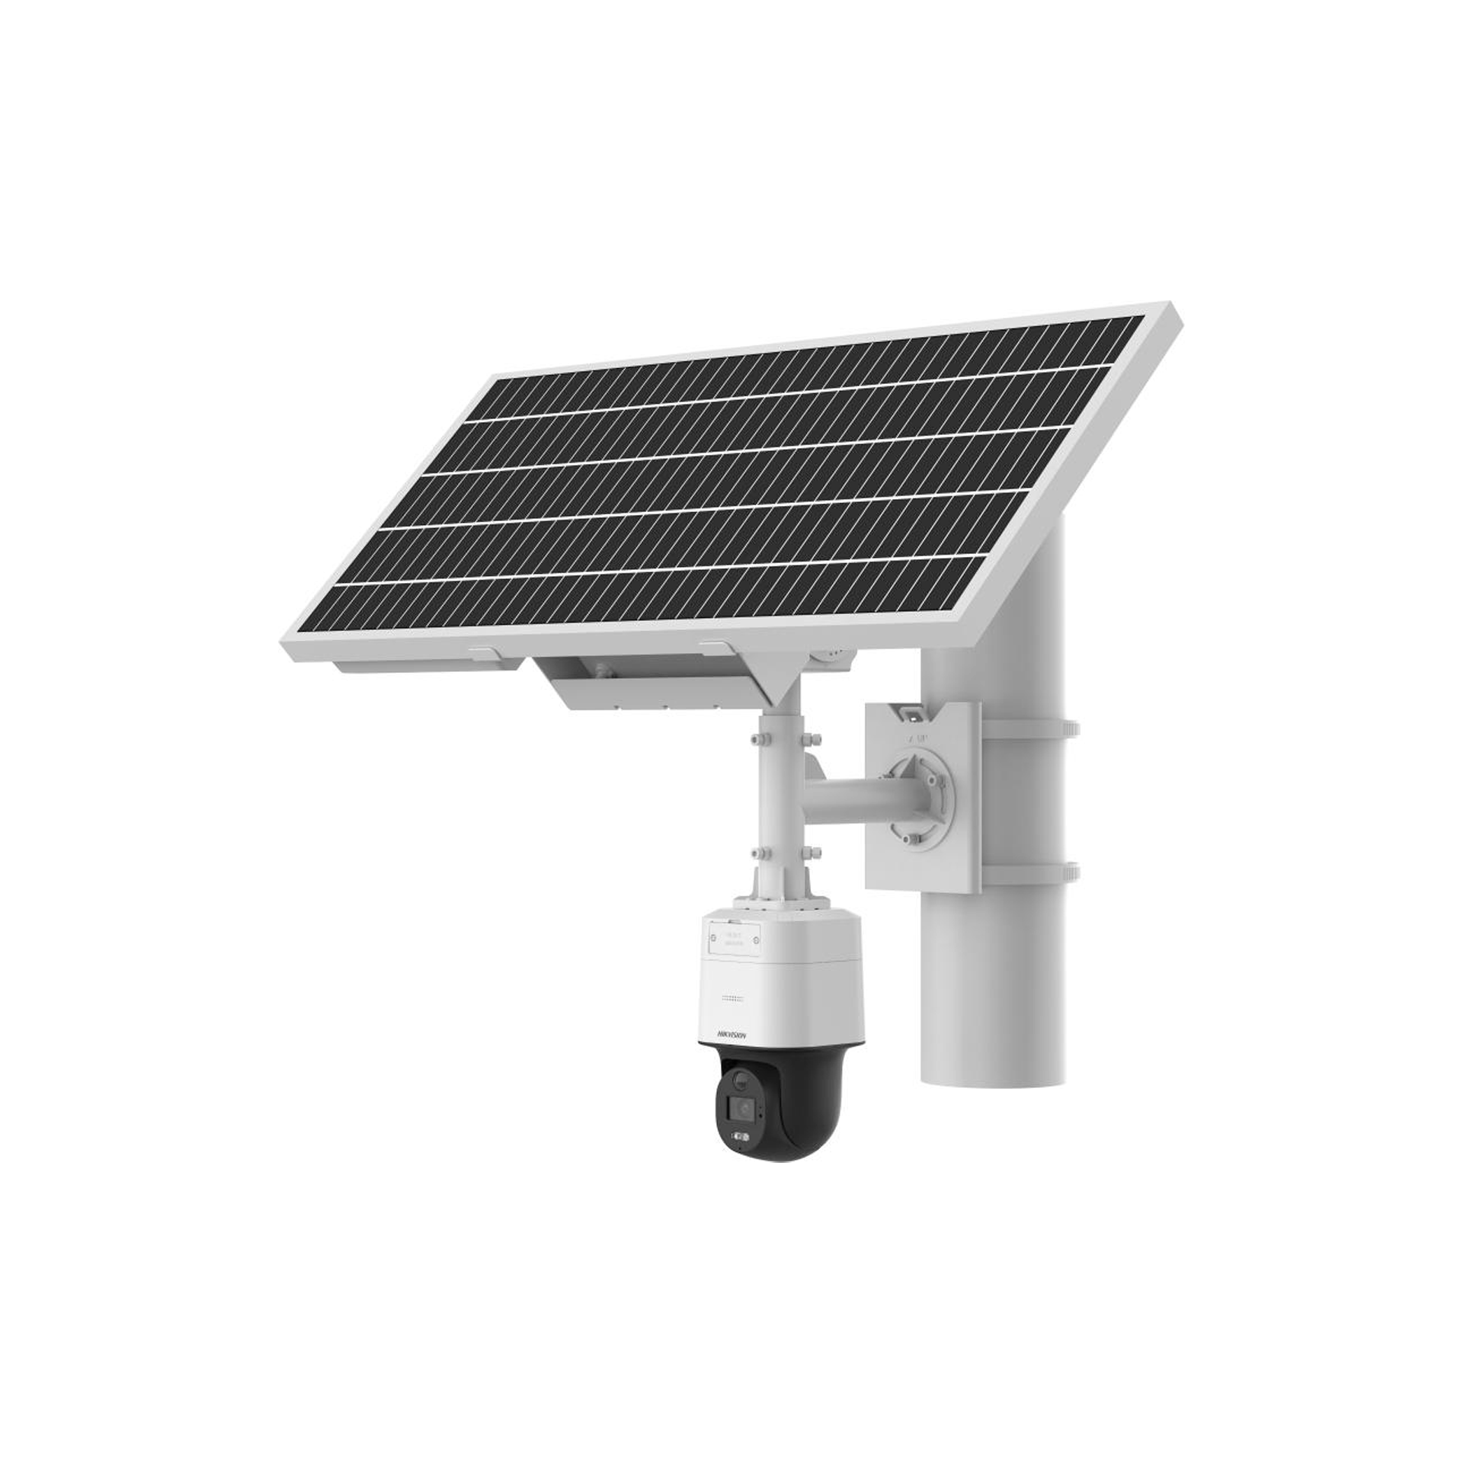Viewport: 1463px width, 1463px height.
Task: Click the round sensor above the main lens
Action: tap(740, 1078)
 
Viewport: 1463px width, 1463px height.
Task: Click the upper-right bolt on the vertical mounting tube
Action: tap(816, 738)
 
